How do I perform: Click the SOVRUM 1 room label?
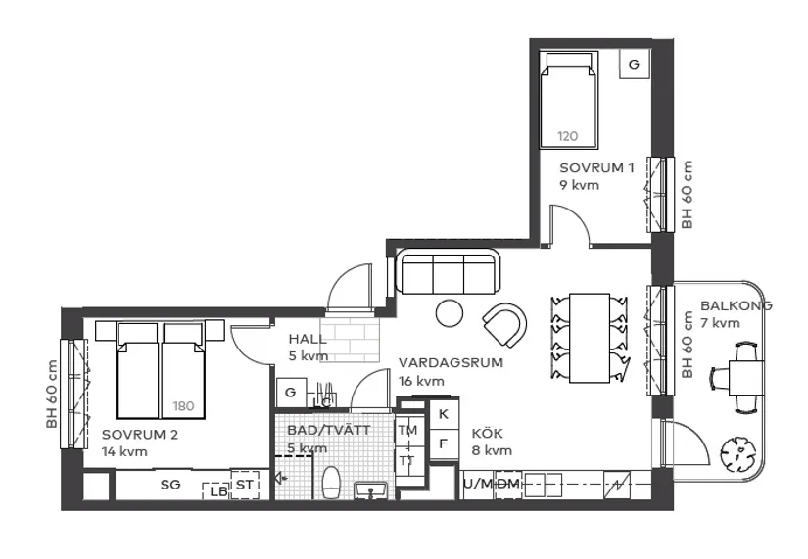[x=596, y=167]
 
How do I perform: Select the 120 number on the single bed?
[x=568, y=136]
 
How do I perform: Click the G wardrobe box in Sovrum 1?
[x=634, y=65]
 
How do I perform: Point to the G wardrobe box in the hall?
[x=290, y=392]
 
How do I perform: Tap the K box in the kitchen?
[x=443, y=414]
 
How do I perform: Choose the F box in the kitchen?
[x=443, y=442]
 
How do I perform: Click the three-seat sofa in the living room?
[x=448, y=273]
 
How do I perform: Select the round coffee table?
[x=450, y=313]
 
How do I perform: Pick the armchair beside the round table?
[x=505, y=324]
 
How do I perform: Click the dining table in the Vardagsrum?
[x=590, y=338]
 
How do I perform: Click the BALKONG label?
[x=736, y=305]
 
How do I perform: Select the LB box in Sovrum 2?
[x=214, y=491]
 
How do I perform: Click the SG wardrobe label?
[x=170, y=484]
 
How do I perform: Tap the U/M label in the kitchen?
[x=478, y=484]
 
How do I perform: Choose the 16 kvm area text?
[x=421, y=381]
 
